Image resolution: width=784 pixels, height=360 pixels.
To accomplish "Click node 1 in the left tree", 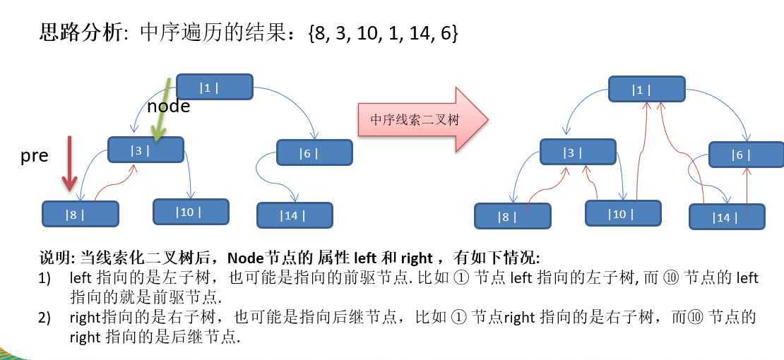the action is (215, 87).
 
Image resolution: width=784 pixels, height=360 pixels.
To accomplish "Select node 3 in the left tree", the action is (146, 150).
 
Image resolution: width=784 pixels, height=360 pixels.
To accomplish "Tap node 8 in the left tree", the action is (81, 214).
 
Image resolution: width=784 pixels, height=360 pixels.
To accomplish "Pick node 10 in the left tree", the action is (191, 212).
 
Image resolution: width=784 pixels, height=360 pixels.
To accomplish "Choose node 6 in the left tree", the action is (314, 152).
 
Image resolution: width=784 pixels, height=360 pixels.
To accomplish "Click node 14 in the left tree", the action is (295, 215).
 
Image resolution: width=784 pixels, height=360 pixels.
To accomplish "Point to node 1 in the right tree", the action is (646, 89).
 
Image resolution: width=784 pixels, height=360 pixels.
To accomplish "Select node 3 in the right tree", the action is (578, 152).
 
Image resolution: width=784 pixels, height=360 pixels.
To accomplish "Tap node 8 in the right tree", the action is (513, 216).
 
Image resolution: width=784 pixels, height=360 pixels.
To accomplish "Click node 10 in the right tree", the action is (623, 213).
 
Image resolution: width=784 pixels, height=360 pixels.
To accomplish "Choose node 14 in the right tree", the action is (727, 217).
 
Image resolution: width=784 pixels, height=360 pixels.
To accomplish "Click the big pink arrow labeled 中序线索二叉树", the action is (423, 119).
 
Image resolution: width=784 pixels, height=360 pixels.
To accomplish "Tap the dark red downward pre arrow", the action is (69, 164).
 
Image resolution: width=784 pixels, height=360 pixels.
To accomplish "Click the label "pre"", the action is (35, 157).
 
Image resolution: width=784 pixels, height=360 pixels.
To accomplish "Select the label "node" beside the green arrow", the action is (169, 106).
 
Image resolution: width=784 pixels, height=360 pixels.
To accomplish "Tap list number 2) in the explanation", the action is (45, 318).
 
